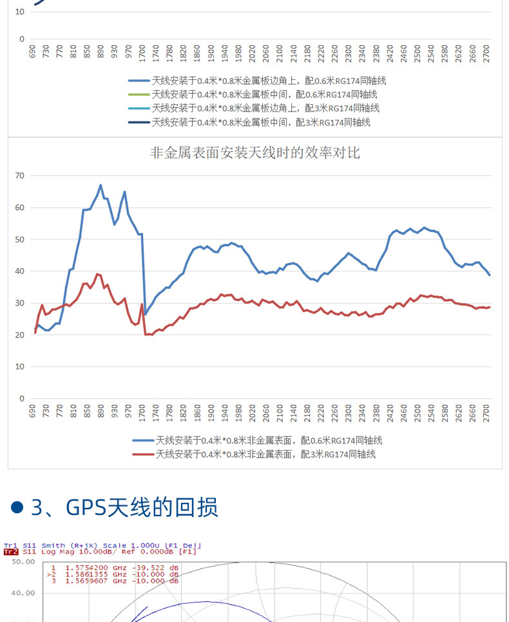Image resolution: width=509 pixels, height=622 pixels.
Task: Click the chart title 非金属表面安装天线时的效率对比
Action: click(254, 153)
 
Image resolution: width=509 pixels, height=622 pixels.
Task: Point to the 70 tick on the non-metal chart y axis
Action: click(19, 175)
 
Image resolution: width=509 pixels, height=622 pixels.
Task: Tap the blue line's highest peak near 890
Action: click(101, 186)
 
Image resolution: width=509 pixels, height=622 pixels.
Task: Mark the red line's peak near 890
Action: click(98, 274)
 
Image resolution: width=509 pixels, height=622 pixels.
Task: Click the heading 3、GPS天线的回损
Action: click(124, 507)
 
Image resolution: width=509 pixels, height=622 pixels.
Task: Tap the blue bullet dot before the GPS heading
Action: click(18, 507)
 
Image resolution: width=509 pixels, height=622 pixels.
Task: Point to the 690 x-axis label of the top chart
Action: click(32, 52)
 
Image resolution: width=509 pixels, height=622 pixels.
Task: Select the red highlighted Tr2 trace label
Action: click(10, 552)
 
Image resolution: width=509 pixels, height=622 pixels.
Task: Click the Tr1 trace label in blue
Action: click(10, 545)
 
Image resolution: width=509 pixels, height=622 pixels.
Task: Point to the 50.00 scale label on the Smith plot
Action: click(23, 561)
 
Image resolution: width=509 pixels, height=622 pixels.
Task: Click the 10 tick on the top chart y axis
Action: click(19, 12)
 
